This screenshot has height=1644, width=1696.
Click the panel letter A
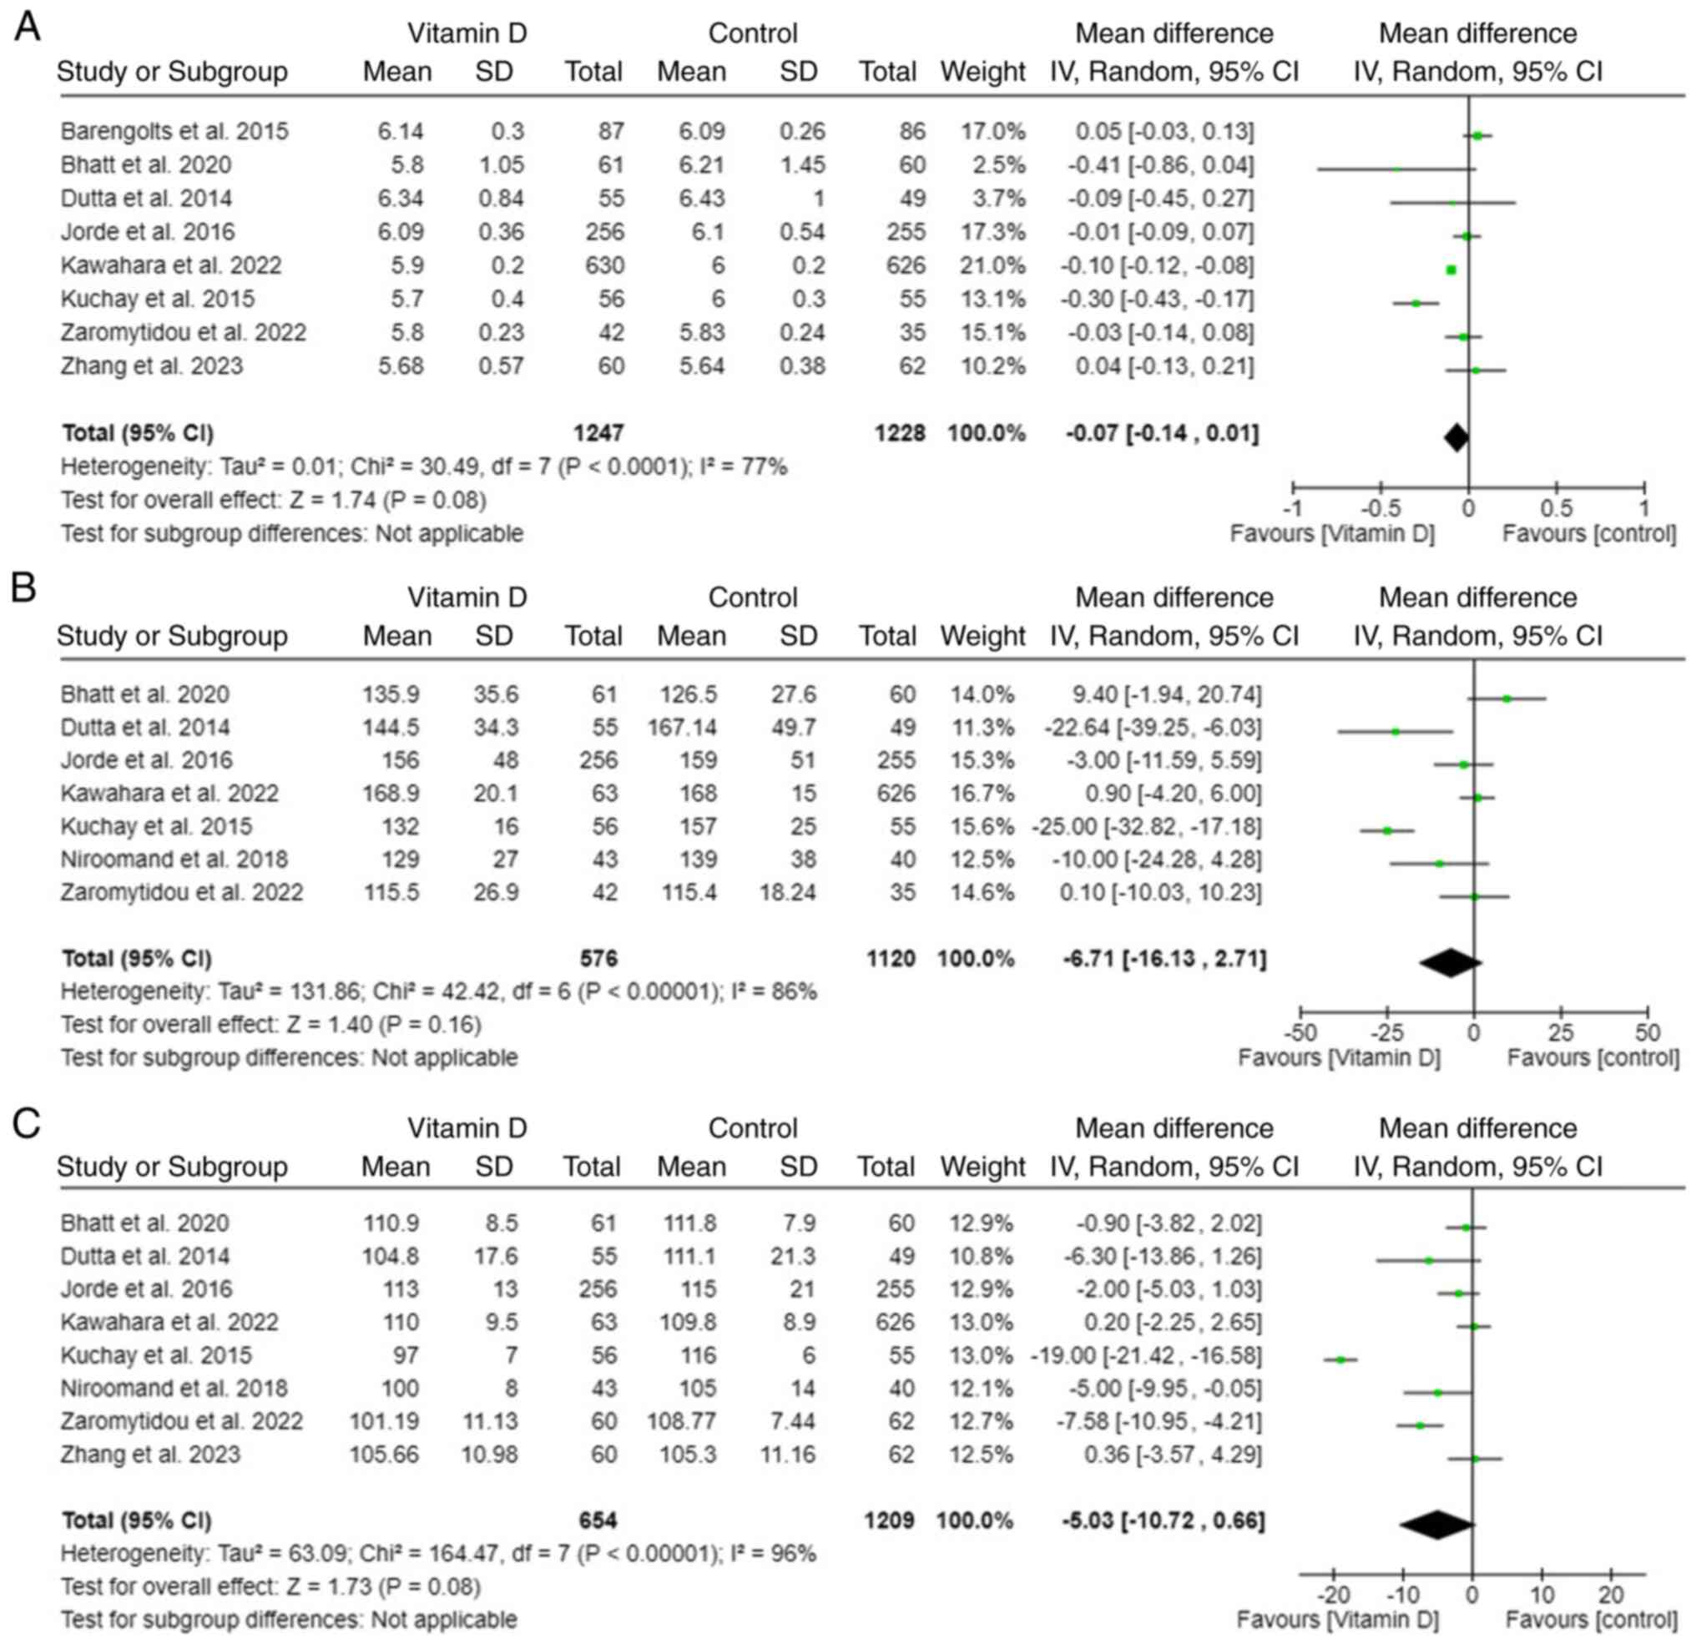coord(27,28)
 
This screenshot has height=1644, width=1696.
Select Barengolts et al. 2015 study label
coord(174,132)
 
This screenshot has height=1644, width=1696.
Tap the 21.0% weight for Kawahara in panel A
coord(992,265)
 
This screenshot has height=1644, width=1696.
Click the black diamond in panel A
coord(1456,438)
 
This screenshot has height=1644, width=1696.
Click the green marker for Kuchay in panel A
coord(1416,304)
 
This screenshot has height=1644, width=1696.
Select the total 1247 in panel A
coord(598,432)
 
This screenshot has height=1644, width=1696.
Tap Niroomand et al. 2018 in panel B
coord(174,860)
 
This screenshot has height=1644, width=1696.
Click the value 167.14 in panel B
coord(682,727)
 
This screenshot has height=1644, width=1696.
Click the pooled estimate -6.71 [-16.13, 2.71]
coord(1165,959)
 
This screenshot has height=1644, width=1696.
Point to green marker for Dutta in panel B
coord(1395,732)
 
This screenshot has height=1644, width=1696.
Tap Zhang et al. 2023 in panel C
coord(151,1455)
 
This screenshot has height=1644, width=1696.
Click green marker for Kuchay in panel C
coord(1340,1360)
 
